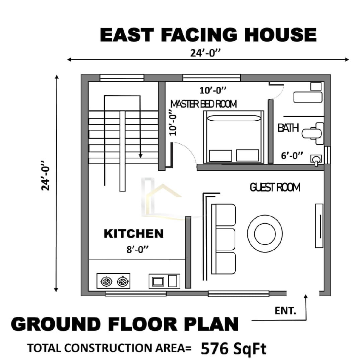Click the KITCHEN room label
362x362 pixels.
(133, 233)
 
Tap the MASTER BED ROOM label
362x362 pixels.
(203, 104)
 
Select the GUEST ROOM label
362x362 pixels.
(275, 187)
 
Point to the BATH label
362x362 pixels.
(288, 128)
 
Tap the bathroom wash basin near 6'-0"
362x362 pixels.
(316, 160)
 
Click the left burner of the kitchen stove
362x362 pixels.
(107, 281)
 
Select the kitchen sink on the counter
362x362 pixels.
(158, 281)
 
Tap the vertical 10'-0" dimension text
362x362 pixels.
(173, 122)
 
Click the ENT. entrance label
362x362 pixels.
(285, 311)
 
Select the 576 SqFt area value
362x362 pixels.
(234, 349)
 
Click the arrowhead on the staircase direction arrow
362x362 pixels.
(141, 156)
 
